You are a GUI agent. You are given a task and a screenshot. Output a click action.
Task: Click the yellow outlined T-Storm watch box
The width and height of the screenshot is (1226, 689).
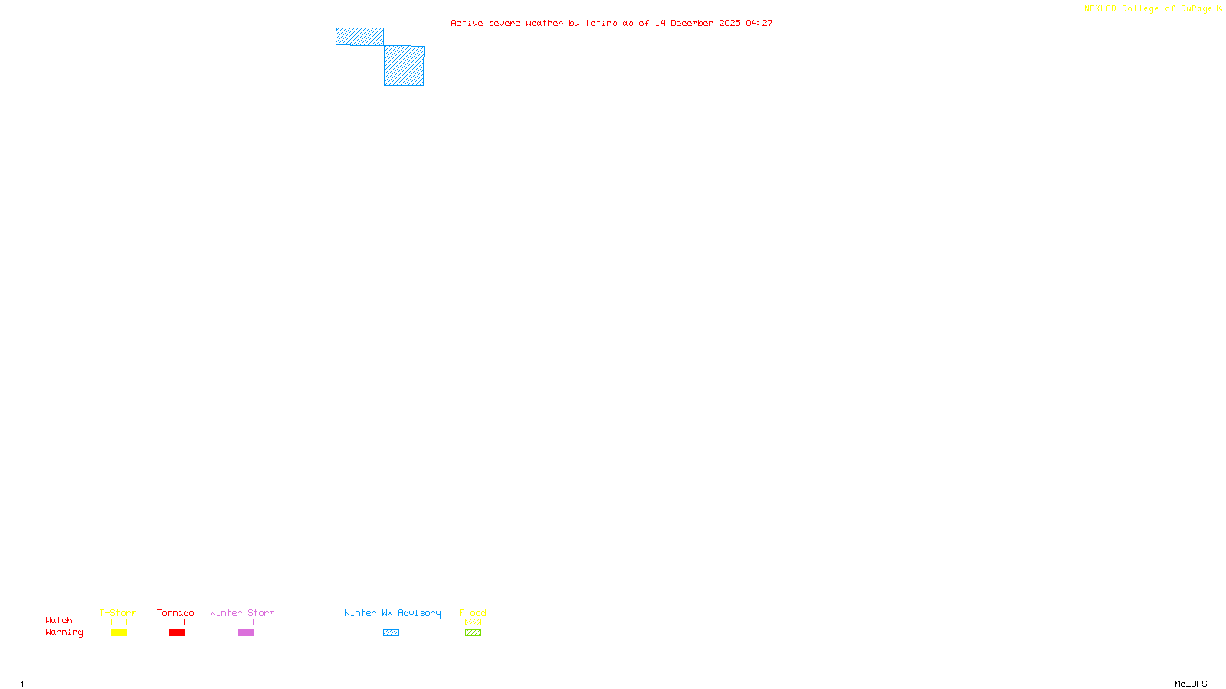point(119,622)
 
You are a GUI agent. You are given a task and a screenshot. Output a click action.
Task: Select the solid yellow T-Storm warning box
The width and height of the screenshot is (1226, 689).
point(119,633)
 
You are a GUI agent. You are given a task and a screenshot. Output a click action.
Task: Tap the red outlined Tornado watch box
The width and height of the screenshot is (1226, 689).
point(176,622)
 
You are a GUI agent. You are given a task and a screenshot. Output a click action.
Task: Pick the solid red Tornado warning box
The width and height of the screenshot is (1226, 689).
point(176,633)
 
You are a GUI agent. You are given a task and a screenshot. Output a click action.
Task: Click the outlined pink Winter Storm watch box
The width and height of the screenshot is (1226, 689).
point(245,622)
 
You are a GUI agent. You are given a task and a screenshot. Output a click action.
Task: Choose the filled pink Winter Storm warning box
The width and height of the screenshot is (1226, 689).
point(245,633)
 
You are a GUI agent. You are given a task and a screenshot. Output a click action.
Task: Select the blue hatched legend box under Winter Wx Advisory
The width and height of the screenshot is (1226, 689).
point(391,633)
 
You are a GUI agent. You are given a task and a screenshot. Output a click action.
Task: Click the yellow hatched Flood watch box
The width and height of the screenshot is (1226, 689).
point(473,622)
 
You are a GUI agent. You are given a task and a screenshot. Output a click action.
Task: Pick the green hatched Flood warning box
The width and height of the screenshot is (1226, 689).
point(473,633)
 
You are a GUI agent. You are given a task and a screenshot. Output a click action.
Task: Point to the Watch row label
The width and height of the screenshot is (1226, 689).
point(59,620)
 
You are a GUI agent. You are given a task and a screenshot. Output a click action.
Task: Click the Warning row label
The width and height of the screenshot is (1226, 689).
point(64,632)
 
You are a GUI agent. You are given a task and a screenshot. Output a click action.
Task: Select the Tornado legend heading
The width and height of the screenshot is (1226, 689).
point(175,612)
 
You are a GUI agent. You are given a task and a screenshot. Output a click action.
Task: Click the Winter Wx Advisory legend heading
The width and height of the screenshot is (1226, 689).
point(392,612)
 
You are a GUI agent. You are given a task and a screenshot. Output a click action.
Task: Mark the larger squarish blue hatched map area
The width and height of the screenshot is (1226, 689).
point(404,66)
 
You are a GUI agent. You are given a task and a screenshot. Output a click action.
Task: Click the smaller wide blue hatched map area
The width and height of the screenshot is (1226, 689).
point(359,37)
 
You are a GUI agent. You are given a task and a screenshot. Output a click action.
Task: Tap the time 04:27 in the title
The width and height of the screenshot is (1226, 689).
point(759,23)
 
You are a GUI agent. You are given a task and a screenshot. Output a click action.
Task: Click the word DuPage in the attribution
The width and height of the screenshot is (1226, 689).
point(1196,9)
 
